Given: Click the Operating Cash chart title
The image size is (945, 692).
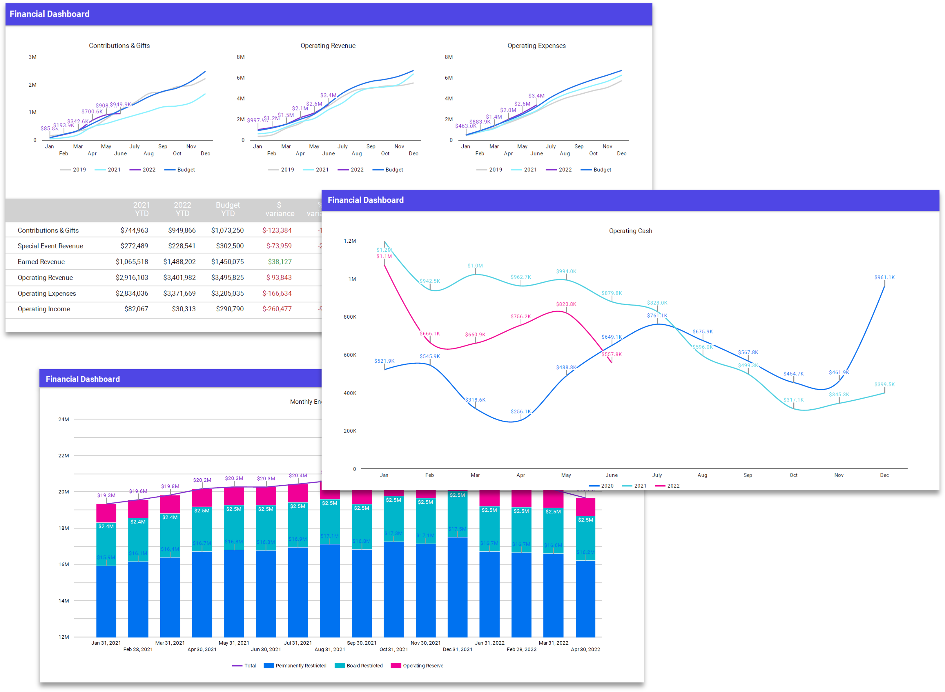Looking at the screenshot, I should pos(630,231).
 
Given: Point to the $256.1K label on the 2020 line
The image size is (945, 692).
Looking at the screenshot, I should pos(520,411).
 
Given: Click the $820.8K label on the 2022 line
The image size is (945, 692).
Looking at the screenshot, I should pos(566,304).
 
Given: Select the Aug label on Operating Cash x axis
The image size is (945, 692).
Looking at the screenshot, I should pos(702,475).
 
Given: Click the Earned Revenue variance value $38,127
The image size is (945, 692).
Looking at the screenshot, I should pos(280,262).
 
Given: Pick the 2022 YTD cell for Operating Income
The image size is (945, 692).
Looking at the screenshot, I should pos(184,309).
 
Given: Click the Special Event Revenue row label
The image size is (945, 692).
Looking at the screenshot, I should pos(50,246).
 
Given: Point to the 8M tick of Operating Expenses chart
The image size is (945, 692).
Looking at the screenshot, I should pos(448,57).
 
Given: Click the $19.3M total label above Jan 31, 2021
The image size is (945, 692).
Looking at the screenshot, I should pos(106,495).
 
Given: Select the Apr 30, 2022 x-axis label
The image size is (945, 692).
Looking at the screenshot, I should pos(585,649).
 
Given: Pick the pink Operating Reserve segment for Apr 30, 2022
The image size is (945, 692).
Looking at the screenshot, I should pos(585,506).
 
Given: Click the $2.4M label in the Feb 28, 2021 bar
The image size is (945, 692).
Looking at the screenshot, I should pos(138,522).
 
